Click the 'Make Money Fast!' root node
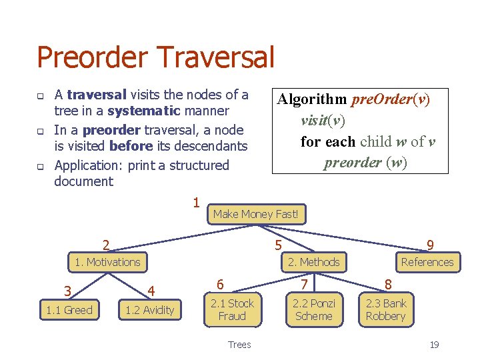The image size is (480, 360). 256,214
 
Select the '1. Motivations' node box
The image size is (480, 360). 107,262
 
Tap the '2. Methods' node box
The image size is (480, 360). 313,262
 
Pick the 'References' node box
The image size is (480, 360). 427,262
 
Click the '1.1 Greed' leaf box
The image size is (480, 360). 69,310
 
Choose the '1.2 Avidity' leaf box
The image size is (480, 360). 149,310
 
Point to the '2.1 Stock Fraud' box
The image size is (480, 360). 232,310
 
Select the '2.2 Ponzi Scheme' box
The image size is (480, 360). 313,310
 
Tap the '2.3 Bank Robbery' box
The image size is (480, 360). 386,310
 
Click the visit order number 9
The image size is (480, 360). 430,246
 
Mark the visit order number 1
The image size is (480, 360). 196,202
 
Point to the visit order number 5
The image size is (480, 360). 278,246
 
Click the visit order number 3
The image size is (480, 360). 67,291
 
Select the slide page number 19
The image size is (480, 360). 434,345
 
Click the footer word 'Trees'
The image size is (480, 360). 239,345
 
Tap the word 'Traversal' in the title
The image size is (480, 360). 214,57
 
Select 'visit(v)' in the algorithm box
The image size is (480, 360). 323,121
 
